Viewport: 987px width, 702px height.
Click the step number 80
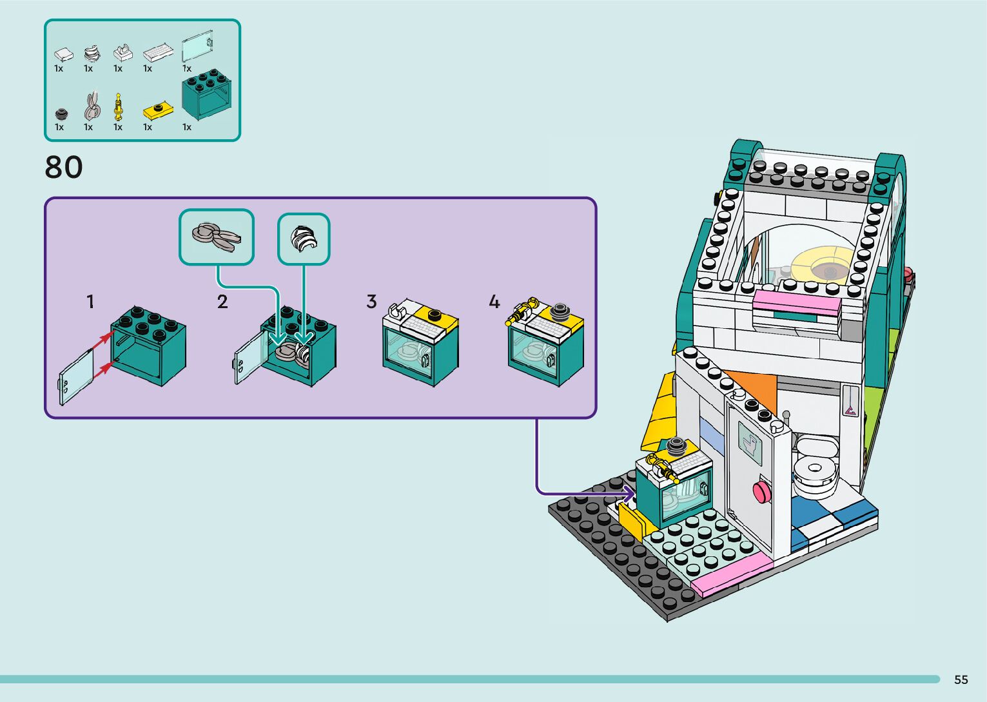click(63, 167)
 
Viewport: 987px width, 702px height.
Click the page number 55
click(961, 679)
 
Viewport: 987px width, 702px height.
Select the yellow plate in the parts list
click(158, 111)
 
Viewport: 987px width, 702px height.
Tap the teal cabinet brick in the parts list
click(207, 94)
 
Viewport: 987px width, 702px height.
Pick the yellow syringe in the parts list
click(117, 106)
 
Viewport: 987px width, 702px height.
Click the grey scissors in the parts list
click(91, 106)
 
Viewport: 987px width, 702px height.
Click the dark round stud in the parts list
click(62, 114)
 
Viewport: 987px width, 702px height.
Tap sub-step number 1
click(90, 302)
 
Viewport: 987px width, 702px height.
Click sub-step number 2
click(222, 302)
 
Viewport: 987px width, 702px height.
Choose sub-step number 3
click(371, 302)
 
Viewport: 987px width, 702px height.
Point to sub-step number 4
click(494, 302)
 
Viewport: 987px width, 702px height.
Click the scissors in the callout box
click(217, 237)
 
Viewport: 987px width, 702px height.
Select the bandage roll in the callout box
click(304, 239)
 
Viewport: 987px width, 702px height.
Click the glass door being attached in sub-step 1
click(76, 377)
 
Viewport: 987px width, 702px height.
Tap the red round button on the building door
click(761, 492)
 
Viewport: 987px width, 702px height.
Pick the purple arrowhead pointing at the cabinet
click(629, 493)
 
